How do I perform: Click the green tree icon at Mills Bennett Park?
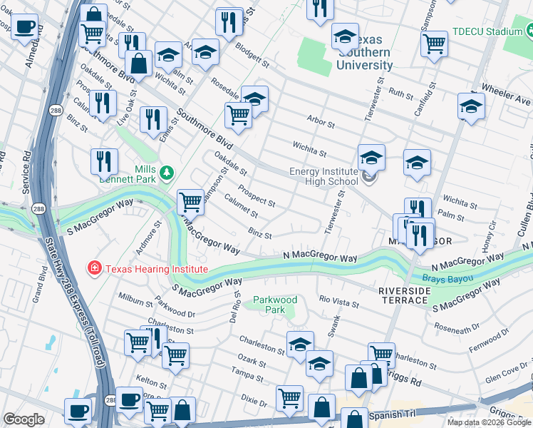(x=167, y=172)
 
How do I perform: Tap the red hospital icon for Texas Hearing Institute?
(x=93, y=269)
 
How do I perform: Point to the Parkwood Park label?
(x=275, y=305)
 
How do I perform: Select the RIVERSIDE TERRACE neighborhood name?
(x=405, y=297)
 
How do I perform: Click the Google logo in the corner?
(x=24, y=419)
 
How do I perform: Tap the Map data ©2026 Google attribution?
(x=488, y=422)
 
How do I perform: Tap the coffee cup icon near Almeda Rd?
(x=25, y=27)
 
